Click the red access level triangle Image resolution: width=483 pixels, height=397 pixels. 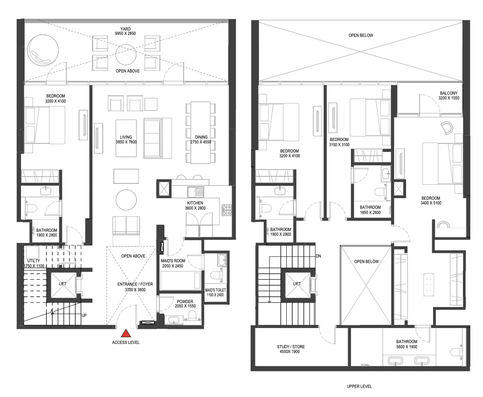pyautogui.click(x=126, y=333)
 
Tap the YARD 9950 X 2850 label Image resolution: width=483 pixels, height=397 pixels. pyautogui.click(x=125, y=31)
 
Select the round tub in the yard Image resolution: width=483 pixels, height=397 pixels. pyautogui.click(x=43, y=50)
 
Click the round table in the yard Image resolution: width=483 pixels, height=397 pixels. pyautogui.click(x=126, y=54)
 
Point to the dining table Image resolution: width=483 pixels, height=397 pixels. pyautogui.click(x=200, y=133)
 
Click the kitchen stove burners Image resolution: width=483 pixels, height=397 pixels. pyautogui.click(x=226, y=210)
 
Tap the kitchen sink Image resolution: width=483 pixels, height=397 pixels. pyautogui.click(x=195, y=192)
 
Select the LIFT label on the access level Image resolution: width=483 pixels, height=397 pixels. pyautogui.click(x=63, y=284)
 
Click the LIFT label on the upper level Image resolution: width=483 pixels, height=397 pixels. pyautogui.click(x=297, y=284)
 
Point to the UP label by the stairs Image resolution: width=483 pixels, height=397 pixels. pyautogui.click(x=84, y=315)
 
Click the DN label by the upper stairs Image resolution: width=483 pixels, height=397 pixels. pyautogui.click(x=318, y=256)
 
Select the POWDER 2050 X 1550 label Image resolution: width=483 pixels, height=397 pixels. pyautogui.click(x=185, y=303)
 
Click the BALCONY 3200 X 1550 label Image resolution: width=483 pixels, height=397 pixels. pyautogui.click(x=448, y=95)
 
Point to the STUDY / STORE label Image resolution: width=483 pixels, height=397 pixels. pyautogui.click(x=291, y=347)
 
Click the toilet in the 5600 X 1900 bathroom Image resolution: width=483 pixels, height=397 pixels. pyautogui.click(x=456, y=352)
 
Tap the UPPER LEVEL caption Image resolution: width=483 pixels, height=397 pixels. pyautogui.click(x=359, y=386)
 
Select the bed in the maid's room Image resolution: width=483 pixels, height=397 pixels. pyautogui.click(x=181, y=281)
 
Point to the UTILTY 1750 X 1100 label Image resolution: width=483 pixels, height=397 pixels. pyautogui.click(x=34, y=263)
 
